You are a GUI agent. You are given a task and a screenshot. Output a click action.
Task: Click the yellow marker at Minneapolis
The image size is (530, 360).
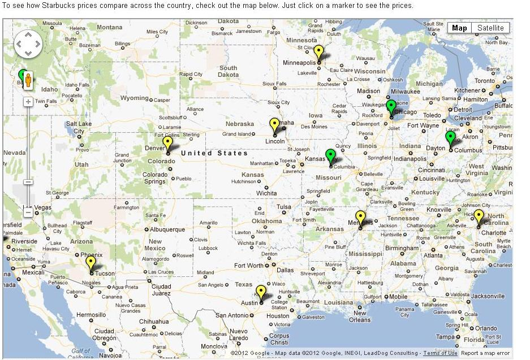pyautogui.click(x=319, y=52)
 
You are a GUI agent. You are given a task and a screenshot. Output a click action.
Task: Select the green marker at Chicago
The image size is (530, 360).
pyautogui.click(x=391, y=106)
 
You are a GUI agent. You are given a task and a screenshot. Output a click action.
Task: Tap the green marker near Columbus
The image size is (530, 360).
pyautogui.click(x=450, y=137)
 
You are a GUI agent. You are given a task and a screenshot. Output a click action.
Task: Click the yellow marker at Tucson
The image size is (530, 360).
pyautogui.click(x=91, y=263)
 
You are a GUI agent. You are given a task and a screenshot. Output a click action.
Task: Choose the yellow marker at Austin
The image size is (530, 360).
pyautogui.click(x=261, y=292)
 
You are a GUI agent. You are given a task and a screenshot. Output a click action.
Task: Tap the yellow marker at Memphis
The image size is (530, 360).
pyautogui.click(x=360, y=217)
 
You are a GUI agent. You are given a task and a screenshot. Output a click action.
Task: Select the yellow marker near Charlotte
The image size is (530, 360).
pyautogui.click(x=479, y=216)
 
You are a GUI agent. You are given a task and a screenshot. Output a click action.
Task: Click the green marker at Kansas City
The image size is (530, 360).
pyautogui.click(x=331, y=155)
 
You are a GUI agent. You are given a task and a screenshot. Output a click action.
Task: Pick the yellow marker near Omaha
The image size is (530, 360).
pyautogui.click(x=275, y=124)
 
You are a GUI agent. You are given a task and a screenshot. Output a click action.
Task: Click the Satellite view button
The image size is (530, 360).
pyautogui.click(x=490, y=28)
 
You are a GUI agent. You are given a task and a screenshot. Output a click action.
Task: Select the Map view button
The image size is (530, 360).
pyautogui.click(x=459, y=28)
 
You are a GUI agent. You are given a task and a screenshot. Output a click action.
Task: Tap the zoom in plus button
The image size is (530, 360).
pyautogui.click(x=28, y=102)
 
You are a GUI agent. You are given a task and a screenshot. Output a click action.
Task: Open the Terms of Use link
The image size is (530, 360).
pyautogui.click(x=440, y=353)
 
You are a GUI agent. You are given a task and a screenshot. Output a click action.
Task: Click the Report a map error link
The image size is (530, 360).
pyautogui.click(x=485, y=353)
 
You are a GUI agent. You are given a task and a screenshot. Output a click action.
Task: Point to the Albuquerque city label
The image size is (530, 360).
pyautogui.click(x=167, y=229)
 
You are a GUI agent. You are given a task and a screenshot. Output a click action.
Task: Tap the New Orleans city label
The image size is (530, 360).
pyautogui.click(x=360, y=316)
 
